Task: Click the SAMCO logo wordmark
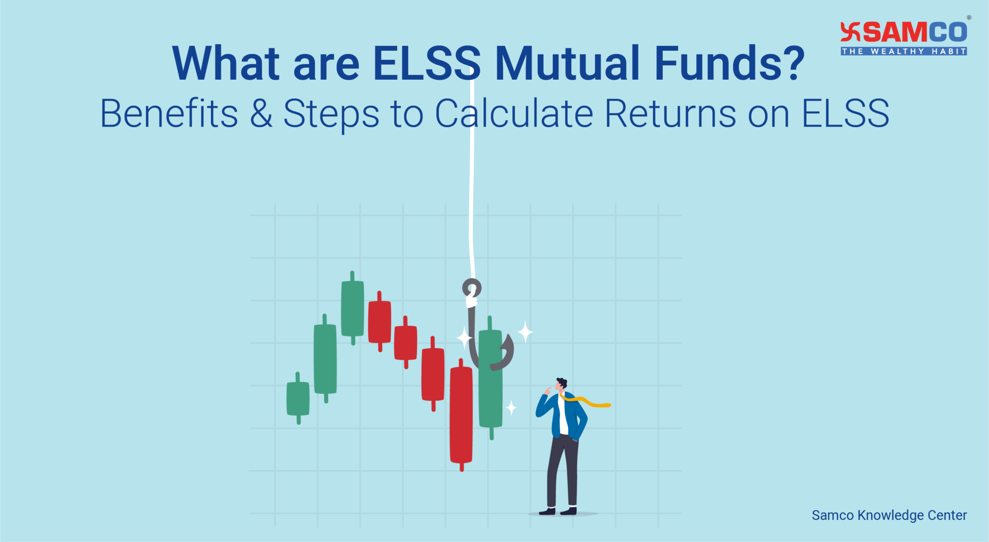click(x=904, y=32)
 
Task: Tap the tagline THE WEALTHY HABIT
click(x=904, y=51)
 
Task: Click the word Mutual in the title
click(x=568, y=63)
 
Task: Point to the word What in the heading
click(x=226, y=63)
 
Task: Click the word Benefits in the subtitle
click(x=169, y=114)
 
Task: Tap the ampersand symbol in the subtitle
click(x=261, y=114)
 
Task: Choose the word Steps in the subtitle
click(x=331, y=116)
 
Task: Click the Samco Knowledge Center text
click(x=889, y=515)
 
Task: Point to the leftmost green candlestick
click(x=298, y=398)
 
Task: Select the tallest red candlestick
click(x=461, y=414)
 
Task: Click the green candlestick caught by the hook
click(x=491, y=378)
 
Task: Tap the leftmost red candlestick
click(x=380, y=321)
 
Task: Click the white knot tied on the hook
click(x=471, y=300)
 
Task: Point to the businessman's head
click(x=561, y=385)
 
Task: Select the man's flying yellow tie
click(x=586, y=401)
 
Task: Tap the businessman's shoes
click(x=558, y=511)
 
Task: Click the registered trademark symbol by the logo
click(x=969, y=17)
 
